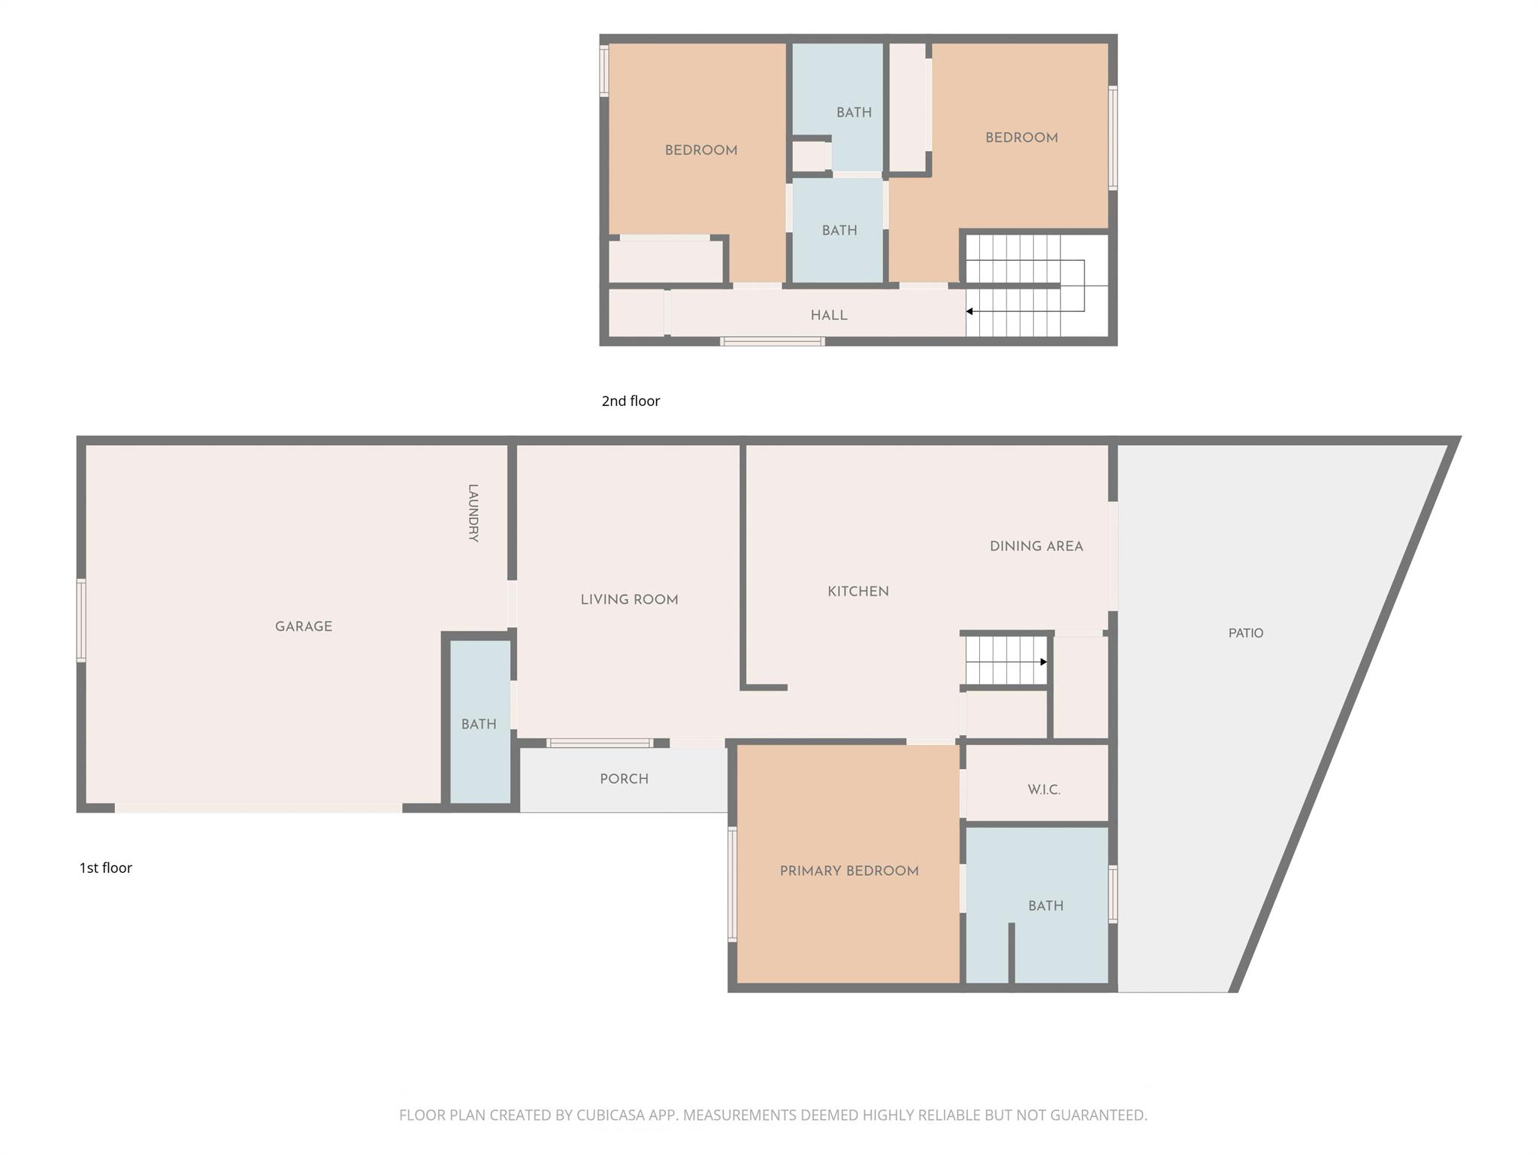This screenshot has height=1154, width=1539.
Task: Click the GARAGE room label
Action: tap(303, 626)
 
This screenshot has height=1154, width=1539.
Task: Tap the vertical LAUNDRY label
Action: tap(473, 513)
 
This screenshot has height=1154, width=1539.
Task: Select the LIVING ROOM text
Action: tap(629, 599)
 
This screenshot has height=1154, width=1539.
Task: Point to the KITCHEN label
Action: tap(857, 592)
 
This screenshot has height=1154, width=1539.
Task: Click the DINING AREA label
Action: tap(1036, 547)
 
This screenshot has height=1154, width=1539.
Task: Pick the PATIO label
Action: tap(1245, 633)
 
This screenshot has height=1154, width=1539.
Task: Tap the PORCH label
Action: tap(624, 779)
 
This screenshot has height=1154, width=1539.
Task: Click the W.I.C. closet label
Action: tap(1043, 789)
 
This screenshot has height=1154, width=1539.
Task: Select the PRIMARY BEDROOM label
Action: tap(848, 871)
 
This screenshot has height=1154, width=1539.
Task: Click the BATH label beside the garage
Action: tap(479, 724)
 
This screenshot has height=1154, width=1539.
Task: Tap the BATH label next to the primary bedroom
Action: tap(1045, 906)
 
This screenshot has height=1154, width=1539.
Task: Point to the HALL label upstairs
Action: tap(828, 315)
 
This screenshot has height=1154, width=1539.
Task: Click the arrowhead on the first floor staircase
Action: tap(1043, 662)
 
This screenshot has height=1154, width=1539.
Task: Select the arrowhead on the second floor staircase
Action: tap(970, 311)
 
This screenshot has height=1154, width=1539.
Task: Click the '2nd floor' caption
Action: tap(630, 401)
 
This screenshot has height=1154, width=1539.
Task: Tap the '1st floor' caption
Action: tap(106, 868)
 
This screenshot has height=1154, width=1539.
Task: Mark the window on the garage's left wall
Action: tap(81, 620)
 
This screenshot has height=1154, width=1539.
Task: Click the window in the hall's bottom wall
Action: tap(772, 341)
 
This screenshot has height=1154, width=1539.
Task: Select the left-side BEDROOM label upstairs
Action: tap(700, 150)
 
